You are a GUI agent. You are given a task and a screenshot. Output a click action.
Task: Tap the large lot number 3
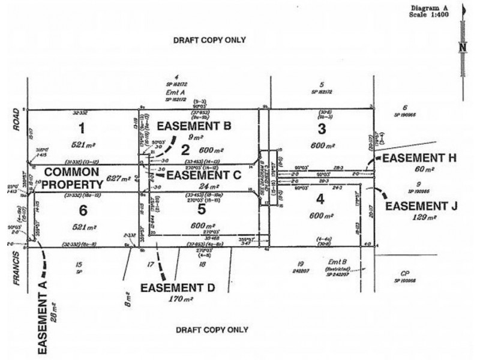(322, 128)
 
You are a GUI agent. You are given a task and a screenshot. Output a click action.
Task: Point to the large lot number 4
(322, 199)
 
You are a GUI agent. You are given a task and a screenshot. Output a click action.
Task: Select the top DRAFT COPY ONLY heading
(209, 41)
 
